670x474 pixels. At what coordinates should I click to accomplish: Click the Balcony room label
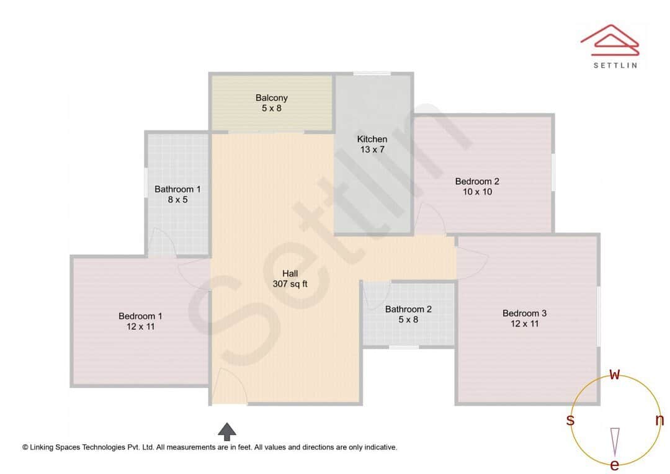pyautogui.click(x=272, y=98)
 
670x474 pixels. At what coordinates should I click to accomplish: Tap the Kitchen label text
pyautogui.click(x=372, y=139)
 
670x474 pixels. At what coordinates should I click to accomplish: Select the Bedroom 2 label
pyautogui.click(x=477, y=181)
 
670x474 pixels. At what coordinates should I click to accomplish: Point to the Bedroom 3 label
pyautogui.click(x=524, y=313)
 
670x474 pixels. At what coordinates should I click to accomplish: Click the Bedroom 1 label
pyautogui.click(x=140, y=316)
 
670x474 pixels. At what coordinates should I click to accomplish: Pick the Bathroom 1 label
pyautogui.click(x=177, y=189)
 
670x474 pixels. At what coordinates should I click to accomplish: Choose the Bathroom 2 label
pyautogui.click(x=408, y=309)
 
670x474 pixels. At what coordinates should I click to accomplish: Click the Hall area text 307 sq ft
pyautogui.click(x=290, y=284)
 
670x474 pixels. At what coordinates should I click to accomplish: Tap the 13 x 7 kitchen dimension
pyautogui.click(x=372, y=150)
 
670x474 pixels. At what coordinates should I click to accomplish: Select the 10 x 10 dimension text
pyautogui.click(x=477, y=192)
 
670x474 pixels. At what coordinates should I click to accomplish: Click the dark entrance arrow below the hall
pyautogui.click(x=227, y=431)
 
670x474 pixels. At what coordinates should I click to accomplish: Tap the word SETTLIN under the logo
pyautogui.click(x=615, y=65)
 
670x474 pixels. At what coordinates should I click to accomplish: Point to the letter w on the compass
pyautogui.click(x=615, y=374)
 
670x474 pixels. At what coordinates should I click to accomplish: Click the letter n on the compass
pyautogui.click(x=659, y=420)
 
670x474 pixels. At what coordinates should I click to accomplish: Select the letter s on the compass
pyautogui.click(x=570, y=420)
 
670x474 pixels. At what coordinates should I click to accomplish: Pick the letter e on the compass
pyautogui.click(x=615, y=465)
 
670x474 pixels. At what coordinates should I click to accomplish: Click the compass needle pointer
pyautogui.click(x=615, y=440)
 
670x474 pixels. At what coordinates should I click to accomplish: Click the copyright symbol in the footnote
pyautogui.click(x=25, y=447)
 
